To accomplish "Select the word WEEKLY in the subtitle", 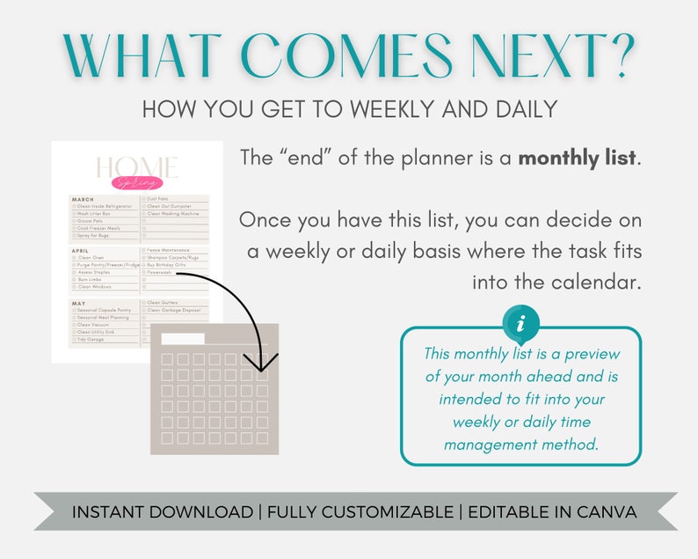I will click(389, 109).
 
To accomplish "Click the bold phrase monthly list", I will click(578, 159).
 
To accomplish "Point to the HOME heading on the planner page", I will click(137, 167).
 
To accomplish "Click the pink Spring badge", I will click(138, 183).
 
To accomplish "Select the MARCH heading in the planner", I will click(84, 199).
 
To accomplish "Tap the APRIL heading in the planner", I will click(82, 251).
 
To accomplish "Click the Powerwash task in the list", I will click(160, 273).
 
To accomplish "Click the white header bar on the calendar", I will click(182, 339).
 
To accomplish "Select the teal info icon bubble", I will click(522, 325).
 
